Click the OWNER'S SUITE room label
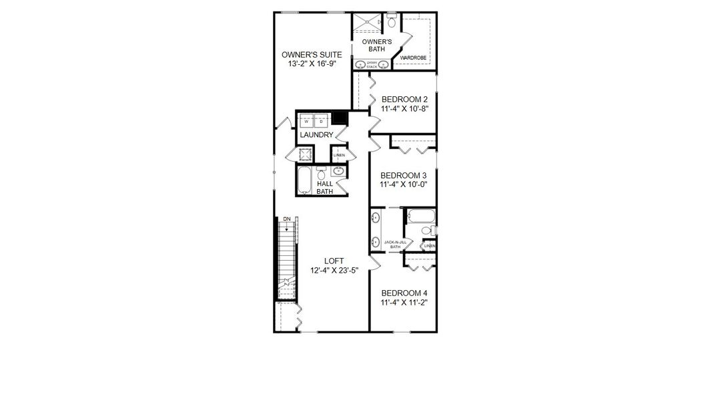click(x=312, y=55)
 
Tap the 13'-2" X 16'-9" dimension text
click(x=312, y=64)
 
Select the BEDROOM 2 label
click(x=404, y=100)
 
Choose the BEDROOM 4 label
click(x=404, y=293)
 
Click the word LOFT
click(x=334, y=261)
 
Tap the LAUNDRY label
click(x=316, y=135)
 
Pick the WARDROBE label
click(x=413, y=58)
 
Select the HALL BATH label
click(x=325, y=188)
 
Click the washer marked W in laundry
click(x=306, y=122)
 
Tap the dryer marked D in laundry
click(x=321, y=122)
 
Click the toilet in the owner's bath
click(x=392, y=22)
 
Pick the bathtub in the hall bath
click(x=305, y=180)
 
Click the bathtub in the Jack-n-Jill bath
click(x=421, y=216)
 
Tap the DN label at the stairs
click(x=287, y=219)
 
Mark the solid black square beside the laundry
click(x=341, y=118)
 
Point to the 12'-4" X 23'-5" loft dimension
click(x=334, y=271)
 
